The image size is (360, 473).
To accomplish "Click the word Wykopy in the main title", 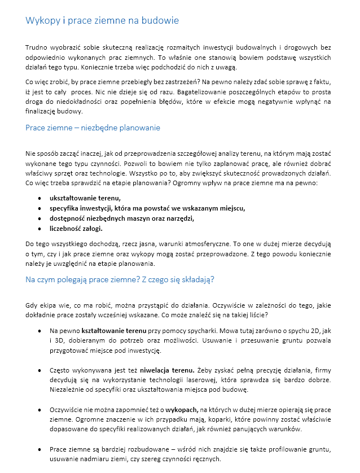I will (41, 21).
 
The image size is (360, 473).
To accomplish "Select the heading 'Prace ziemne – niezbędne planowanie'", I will (93, 128).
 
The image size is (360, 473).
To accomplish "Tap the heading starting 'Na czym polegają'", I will (120, 279).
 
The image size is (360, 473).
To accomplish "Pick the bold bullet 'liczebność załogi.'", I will (76, 229).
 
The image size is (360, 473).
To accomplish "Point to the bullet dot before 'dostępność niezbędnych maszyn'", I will (38, 219).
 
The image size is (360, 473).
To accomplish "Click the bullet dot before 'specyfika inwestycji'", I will (38, 209).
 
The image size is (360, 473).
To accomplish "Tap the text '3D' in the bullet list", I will (61, 340).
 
